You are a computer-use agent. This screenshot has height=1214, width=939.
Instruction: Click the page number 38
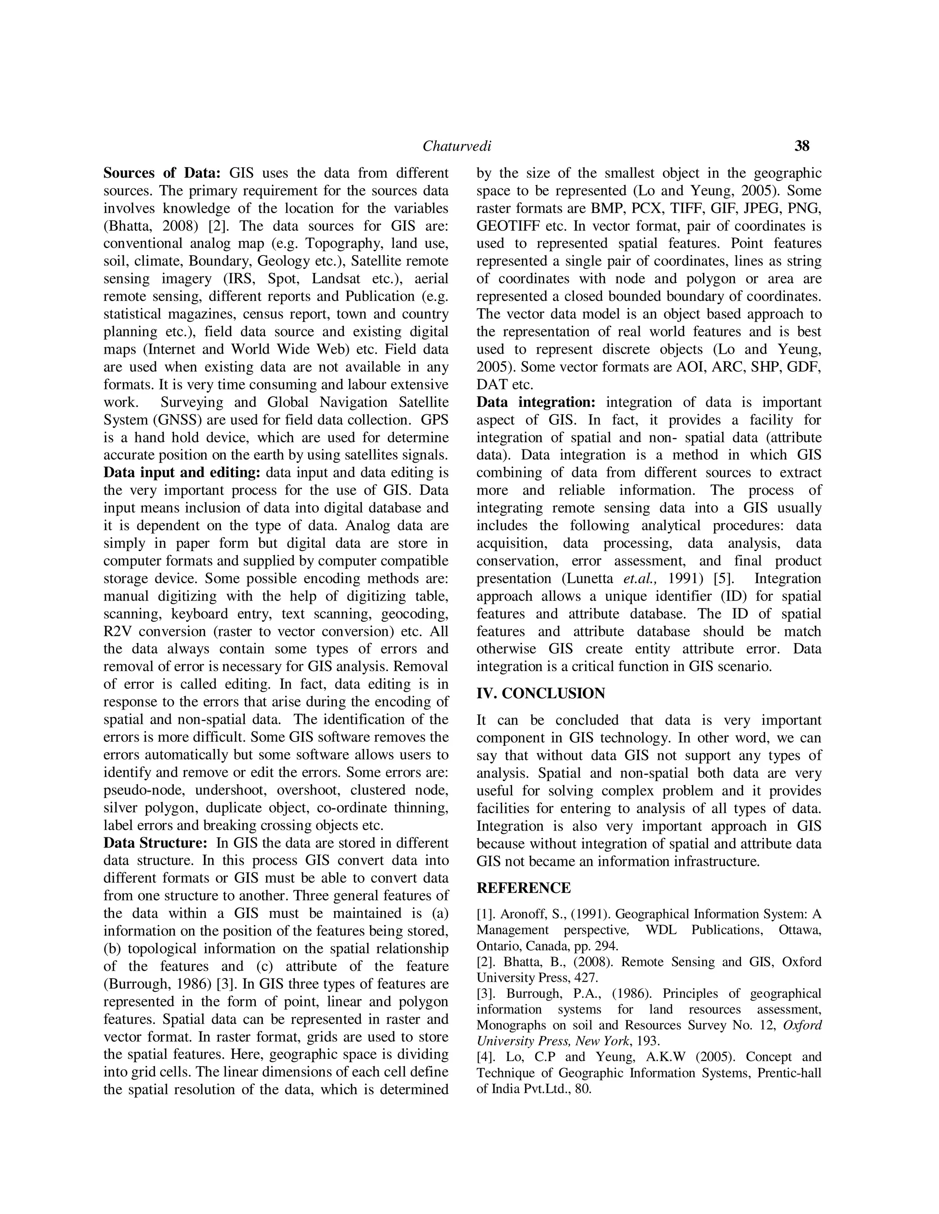coord(801,146)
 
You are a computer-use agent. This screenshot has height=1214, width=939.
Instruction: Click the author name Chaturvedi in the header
coord(457,146)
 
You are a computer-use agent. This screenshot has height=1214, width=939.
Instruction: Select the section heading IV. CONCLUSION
coord(541,694)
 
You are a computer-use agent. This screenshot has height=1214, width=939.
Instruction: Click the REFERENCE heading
coord(524,888)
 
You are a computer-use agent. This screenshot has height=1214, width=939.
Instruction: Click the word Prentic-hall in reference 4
coord(791,1073)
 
